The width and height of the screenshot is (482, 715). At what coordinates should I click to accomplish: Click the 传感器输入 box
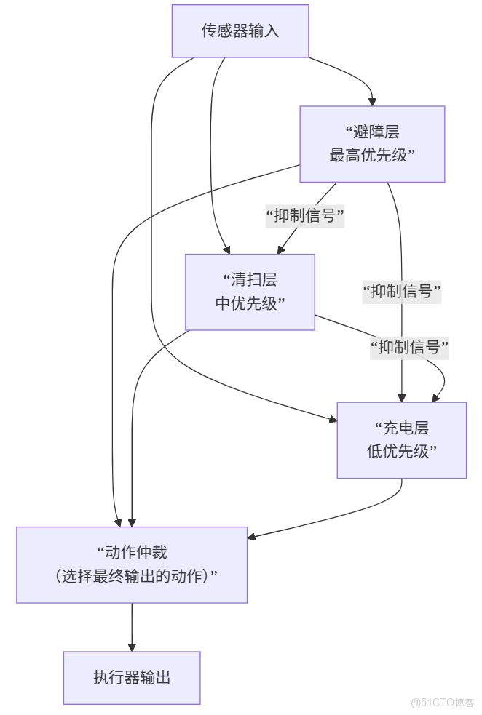pos(240,31)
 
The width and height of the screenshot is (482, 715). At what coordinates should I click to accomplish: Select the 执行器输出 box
pos(132,677)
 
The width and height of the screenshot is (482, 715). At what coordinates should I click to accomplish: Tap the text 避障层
pos(376,132)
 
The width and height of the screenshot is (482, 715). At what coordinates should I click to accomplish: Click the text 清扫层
pos(253,280)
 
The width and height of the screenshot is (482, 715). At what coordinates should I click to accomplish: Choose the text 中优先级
pos(246,303)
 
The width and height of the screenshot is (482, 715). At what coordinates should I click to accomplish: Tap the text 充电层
pos(406,428)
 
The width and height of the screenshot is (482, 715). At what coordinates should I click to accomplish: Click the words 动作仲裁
pos(136,552)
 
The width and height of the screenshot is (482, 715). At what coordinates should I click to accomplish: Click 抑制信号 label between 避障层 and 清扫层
pos(305,215)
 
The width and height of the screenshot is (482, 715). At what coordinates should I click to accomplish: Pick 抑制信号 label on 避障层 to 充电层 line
pos(403,292)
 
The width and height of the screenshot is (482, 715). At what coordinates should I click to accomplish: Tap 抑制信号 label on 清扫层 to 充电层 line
pos(409,347)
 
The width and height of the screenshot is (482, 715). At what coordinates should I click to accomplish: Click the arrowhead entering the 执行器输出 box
pos(132,646)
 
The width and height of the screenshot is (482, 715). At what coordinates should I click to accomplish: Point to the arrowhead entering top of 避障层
pos(372,101)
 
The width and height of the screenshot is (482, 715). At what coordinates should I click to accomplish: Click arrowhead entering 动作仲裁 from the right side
pos(252,537)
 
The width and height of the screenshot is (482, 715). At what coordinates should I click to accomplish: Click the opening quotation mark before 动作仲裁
pos(101,550)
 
